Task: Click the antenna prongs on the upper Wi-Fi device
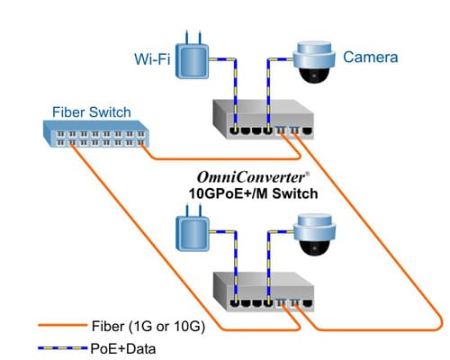tap(192, 39)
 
